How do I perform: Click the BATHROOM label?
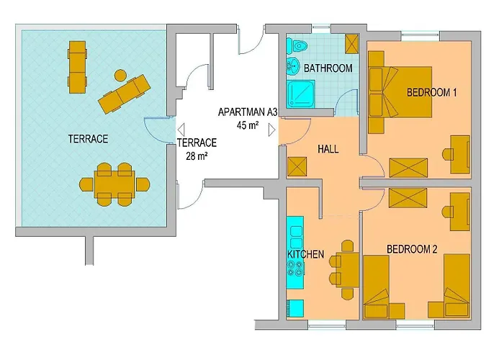pyautogui.click(x=328, y=68)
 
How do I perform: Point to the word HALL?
pyautogui.click(x=328, y=149)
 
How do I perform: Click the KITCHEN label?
pyautogui.click(x=306, y=254)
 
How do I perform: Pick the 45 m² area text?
pyautogui.click(x=247, y=125)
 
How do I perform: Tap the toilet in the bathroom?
pyautogui.click(x=299, y=47)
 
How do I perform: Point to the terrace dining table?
pyautogui.click(x=115, y=184)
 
